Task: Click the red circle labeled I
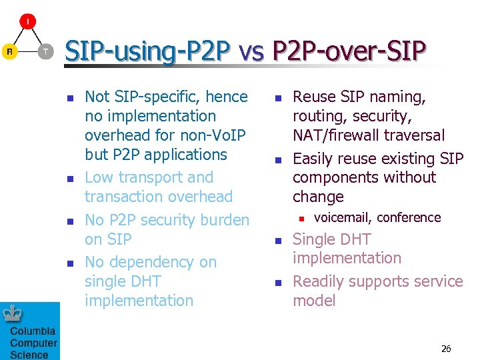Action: click(27, 21)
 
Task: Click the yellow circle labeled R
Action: click(9, 51)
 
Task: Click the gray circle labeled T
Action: click(45, 51)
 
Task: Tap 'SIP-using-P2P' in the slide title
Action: click(147, 51)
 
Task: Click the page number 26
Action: click(446, 349)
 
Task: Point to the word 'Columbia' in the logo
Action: click(33, 331)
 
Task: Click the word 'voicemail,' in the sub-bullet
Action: click(343, 217)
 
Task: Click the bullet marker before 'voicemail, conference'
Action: click(301, 218)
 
